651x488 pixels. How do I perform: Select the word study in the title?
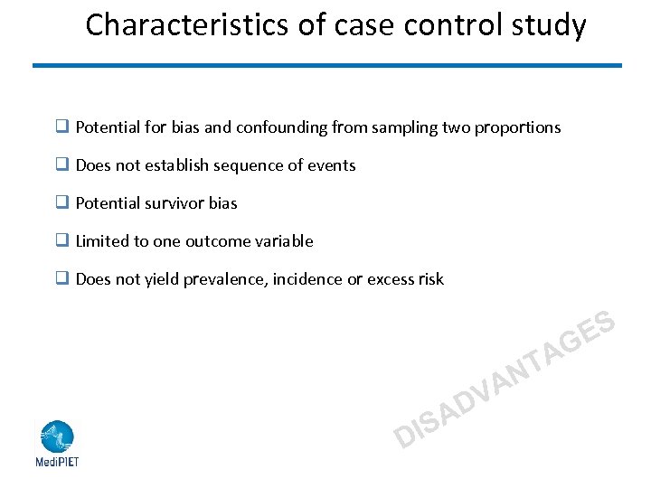548,25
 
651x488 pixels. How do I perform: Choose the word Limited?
101,241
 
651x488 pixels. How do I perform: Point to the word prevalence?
221,279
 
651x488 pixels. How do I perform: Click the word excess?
391,279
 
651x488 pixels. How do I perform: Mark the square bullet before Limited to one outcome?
63,241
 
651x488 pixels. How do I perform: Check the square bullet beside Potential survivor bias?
63,203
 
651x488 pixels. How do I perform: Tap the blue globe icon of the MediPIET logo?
56,436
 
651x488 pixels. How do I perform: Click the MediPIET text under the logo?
57,461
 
